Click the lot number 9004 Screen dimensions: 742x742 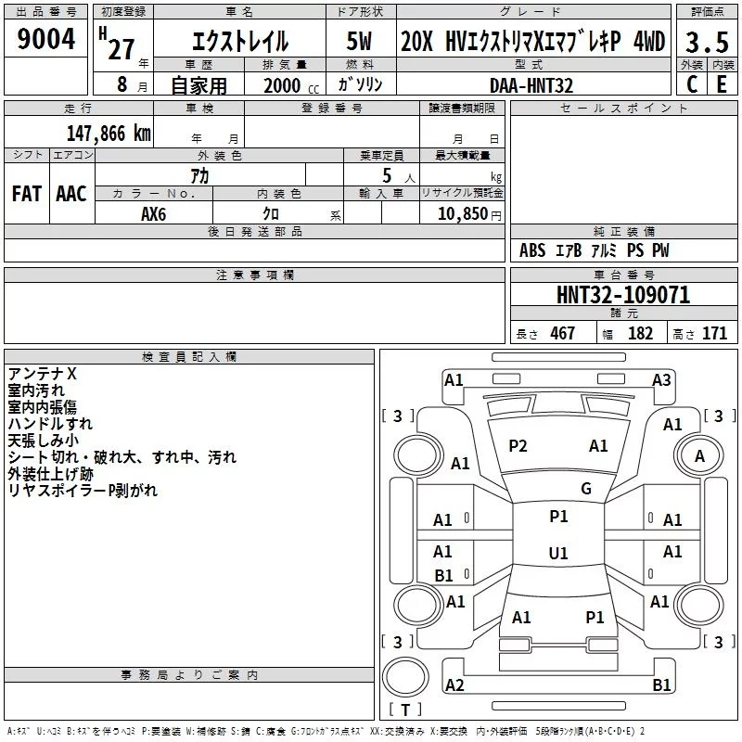45,39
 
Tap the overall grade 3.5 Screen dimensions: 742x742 707,42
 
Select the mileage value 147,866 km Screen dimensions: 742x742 109,134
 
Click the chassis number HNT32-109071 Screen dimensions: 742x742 623,295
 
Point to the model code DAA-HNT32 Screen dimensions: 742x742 531,85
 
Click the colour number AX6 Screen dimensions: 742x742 153,214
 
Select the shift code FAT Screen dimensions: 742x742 27,194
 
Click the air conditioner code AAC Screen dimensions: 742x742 71,194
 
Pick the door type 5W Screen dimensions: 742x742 359,41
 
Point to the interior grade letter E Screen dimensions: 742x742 722,84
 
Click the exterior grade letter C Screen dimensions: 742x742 692,84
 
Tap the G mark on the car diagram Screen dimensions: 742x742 586,489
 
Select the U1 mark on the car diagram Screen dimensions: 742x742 558,553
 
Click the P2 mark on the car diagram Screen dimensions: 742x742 518,446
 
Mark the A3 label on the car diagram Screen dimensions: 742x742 661,380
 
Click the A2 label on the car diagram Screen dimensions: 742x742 454,684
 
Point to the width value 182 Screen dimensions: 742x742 640,333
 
